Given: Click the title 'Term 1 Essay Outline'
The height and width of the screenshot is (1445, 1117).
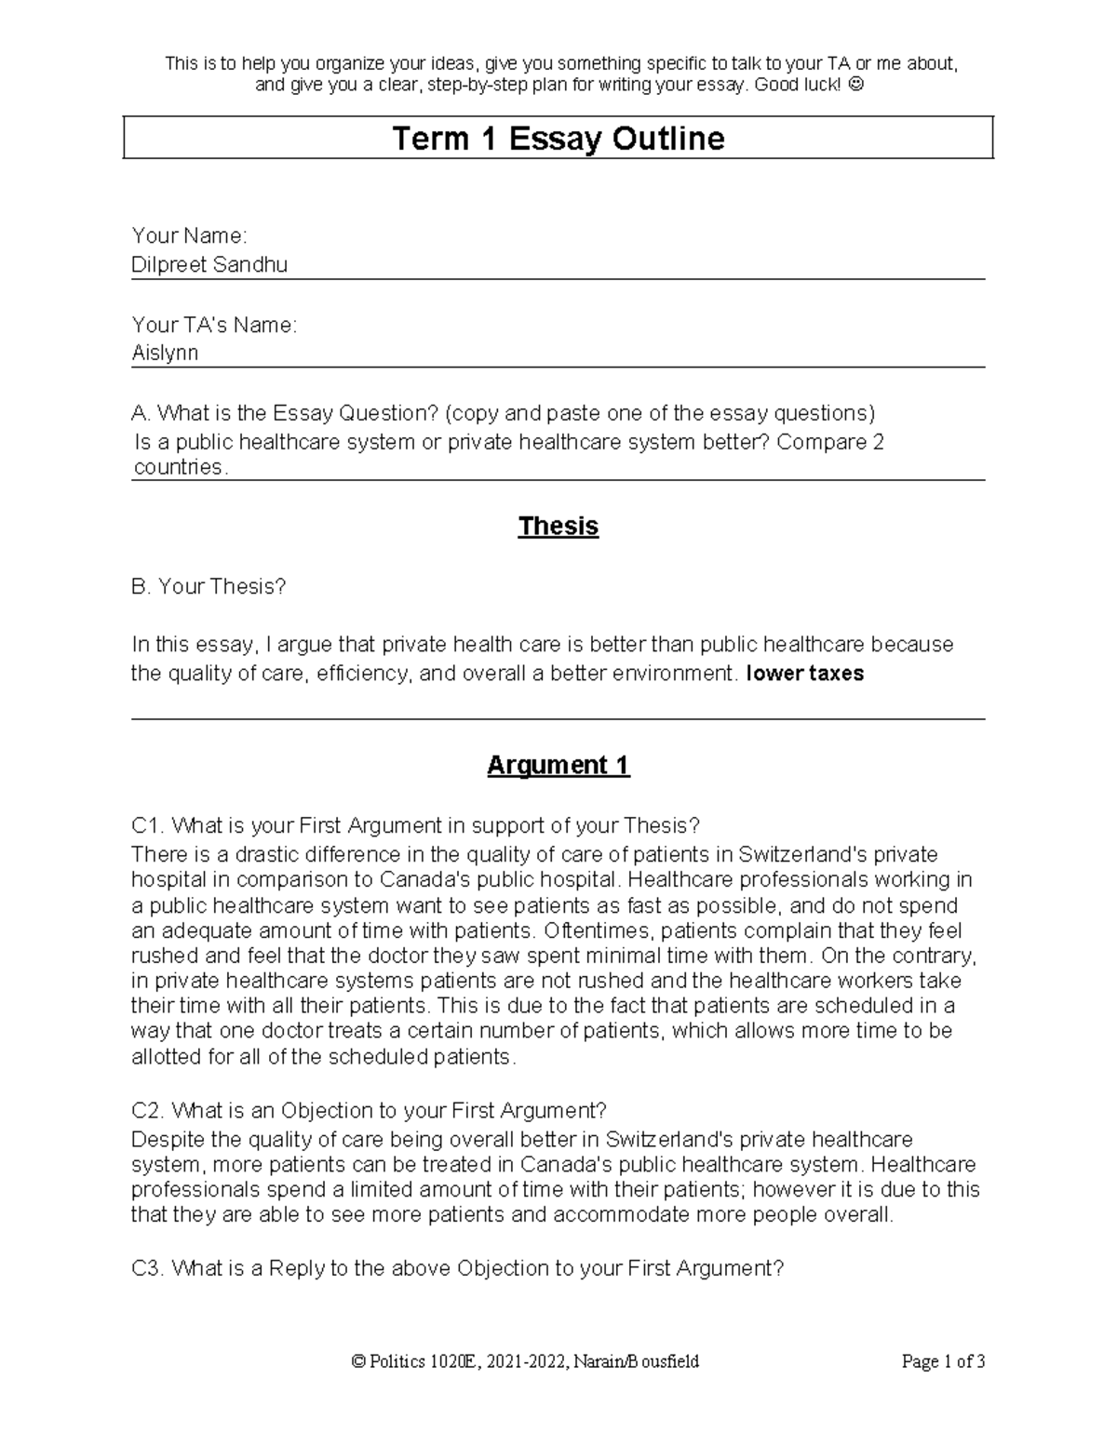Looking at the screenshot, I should pyautogui.click(x=558, y=139).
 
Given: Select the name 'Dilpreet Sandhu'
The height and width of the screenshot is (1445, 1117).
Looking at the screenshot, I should pyautogui.click(x=209, y=265).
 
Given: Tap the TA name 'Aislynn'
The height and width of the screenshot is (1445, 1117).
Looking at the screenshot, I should pyautogui.click(x=165, y=354).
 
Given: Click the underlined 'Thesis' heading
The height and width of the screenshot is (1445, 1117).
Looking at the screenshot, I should pyautogui.click(x=558, y=527).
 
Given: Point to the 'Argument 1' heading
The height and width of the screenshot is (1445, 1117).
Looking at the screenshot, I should pyautogui.click(x=558, y=766).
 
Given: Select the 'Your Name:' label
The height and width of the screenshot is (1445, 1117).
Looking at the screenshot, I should pyautogui.click(x=189, y=236).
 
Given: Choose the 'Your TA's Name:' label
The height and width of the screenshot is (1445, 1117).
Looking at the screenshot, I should pyautogui.click(x=214, y=325).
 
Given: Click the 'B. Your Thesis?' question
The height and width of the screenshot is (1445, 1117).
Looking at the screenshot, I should pyautogui.click(x=209, y=587).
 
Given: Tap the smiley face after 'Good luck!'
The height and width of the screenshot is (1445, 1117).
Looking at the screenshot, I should pyautogui.click(x=856, y=86).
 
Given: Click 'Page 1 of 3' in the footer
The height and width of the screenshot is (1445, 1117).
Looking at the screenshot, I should pyautogui.click(x=943, y=1362).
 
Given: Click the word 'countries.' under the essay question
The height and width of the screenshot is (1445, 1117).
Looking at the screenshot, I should pyautogui.click(x=181, y=467).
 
